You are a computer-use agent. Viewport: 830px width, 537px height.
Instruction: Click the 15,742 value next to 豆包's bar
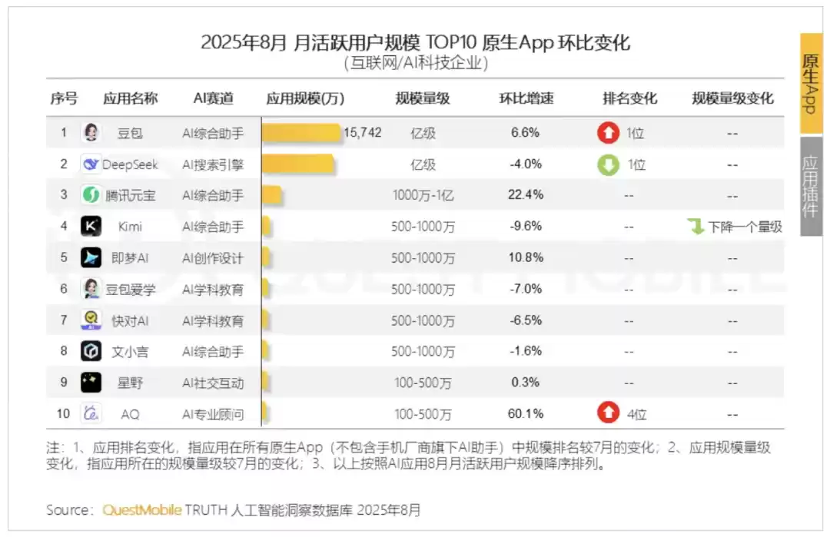pyautogui.click(x=362, y=133)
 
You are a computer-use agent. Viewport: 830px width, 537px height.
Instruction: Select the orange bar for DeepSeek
pyautogui.click(x=298, y=164)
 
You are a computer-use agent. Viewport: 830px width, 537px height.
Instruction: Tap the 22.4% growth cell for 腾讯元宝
pyautogui.click(x=526, y=195)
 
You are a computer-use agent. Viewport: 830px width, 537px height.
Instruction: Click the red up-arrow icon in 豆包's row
pyautogui.click(x=608, y=133)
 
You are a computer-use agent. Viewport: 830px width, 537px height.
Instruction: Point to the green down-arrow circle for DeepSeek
pyautogui.click(x=608, y=164)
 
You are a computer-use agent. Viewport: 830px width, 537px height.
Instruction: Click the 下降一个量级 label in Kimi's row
pyautogui.click(x=745, y=227)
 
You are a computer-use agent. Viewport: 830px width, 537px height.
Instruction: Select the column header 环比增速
pyautogui.click(x=526, y=98)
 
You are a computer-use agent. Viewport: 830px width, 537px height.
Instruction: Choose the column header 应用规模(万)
pyautogui.click(x=305, y=98)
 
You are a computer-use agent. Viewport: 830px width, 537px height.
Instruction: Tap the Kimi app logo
pyautogui.click(x=91, y=227)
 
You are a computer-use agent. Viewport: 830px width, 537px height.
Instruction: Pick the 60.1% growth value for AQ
pyautogui.click(x=526, y=414)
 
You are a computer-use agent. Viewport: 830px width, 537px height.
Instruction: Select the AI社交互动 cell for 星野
pyautogui.click(x=213, y=383)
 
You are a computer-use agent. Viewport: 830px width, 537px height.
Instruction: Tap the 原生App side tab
pyautogui.click(x=811, y=85)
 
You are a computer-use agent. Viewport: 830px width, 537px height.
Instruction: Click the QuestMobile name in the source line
pyautogui.click(x=143, y=510)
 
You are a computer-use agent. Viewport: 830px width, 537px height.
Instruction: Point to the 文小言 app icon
pyautogui.click(x=91, y=352)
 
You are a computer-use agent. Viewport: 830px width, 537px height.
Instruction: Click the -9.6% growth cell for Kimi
pyautogui.click(x=526, y=227)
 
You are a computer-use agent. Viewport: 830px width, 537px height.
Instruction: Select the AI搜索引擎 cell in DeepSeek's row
pyautogui.click(x=213, y=164)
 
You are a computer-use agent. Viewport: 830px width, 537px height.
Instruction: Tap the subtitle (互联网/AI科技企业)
pyautogui.click(x=416, y=64)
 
